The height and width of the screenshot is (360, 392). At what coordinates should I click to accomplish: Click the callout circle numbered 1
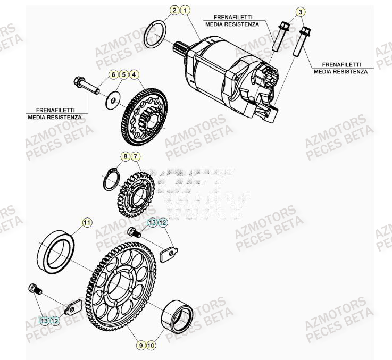click(x=184, y=10)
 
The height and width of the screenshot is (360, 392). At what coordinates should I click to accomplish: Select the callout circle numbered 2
click(x=174, y=10)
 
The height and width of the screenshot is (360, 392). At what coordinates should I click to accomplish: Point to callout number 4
click(x=134, y=74)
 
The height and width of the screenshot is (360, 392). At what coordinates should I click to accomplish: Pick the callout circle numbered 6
click(x=113, y=74)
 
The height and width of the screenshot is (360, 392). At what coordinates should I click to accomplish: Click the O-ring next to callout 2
click(x=155, y=35)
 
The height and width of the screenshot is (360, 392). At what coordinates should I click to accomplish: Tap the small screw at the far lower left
click(x=35, y=289)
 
